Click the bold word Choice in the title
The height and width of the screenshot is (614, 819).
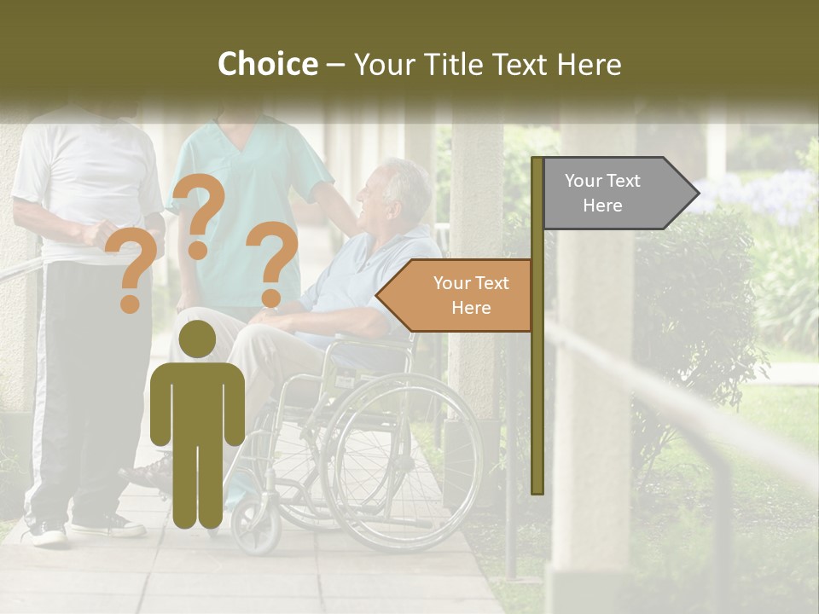pos(267,65)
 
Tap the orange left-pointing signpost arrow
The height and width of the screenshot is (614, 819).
pos(456,296)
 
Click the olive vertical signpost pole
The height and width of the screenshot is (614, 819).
pos(537,324)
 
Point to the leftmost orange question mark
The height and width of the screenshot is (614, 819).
pos(131,273)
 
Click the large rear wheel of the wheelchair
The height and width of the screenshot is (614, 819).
pos(401,460)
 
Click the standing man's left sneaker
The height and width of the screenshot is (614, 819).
pos(47,534)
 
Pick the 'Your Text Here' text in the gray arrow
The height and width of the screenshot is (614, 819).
pos(602,194)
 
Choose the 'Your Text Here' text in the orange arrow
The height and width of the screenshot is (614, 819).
pos(471,296)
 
